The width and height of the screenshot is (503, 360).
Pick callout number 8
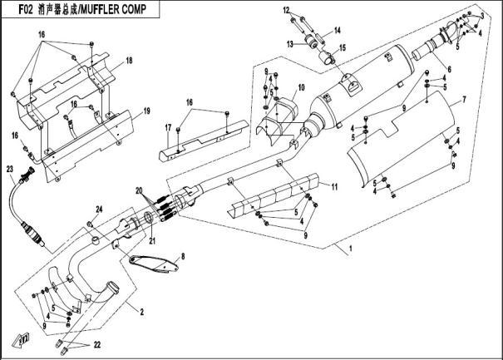coord(184,255)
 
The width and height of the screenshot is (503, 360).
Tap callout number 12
coord(285,11)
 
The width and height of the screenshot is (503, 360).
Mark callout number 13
coord(291,43)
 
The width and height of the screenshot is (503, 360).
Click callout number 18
coord(130,62)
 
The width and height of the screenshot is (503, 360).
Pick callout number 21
coord(152,241)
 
